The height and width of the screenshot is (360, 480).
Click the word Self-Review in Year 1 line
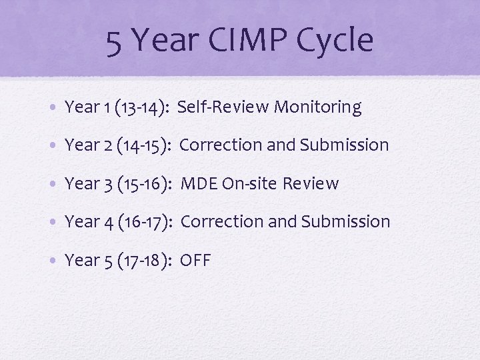click(x=223, y=107)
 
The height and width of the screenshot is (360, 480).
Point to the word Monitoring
click(x=318, y=107)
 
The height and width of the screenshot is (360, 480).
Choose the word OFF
click(x=195, y=260)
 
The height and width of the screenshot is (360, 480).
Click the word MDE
click(x=199, y=183)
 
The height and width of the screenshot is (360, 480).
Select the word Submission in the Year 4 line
click(x=346, y=221)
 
